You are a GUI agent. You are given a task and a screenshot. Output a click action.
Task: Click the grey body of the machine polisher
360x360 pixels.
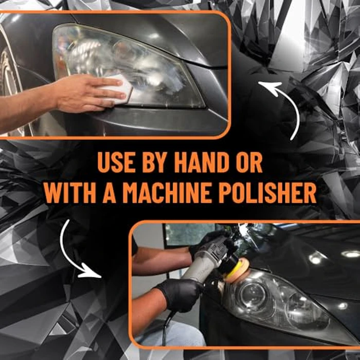click(x=206, y=262)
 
